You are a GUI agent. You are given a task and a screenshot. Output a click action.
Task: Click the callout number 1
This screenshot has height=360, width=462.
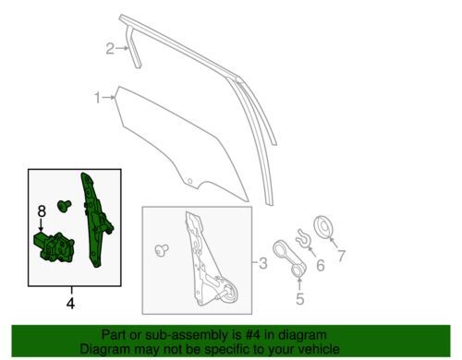pyautogui.click(x=98, y=98)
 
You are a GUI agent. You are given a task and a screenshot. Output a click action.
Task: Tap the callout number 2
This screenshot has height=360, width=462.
pyautogui.click(x=110, y=49)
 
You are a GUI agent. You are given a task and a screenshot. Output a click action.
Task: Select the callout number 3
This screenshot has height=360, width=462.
pyautogui.click(x=262, y=263)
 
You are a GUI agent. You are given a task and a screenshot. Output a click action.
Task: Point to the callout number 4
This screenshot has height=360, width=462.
pyautogui.click(x=70, y=304)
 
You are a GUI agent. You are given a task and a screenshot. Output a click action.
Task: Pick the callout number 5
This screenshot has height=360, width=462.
pyautogui.click(x=299, y=299)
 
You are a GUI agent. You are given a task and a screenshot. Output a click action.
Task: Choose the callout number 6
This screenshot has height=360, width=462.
pyautogui.click(x=321, y=265)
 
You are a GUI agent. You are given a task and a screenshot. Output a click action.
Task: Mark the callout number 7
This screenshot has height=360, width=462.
pyautogui.click(x=341, y=256)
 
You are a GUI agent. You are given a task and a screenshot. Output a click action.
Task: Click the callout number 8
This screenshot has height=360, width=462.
pyautogui.click(x=42, y=211)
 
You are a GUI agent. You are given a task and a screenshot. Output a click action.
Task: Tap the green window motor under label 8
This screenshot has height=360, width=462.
pyautogui.click(x=54, y=247)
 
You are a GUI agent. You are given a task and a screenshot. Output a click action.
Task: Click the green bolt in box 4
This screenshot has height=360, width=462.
pyautogui.click(x=64, y=205)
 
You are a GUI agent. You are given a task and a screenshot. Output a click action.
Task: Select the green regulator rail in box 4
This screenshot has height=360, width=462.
pyautogui.click(x=96, y=220)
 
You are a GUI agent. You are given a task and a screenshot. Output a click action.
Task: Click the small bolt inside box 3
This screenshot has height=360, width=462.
pyautogui.click(x=162, y=250)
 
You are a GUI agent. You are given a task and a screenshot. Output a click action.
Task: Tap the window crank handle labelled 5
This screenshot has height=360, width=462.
pyautogui.click(x=288, y=258)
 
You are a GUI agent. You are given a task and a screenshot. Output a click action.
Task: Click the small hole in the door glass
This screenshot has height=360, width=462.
pyautogui.click(x=189, y=181)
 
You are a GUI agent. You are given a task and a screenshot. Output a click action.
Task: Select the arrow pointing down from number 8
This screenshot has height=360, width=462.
pyautogui.click(x=41, y=224)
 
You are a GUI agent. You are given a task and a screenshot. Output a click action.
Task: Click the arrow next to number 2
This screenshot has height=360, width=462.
pyautogui.click(x=123, y=48)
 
